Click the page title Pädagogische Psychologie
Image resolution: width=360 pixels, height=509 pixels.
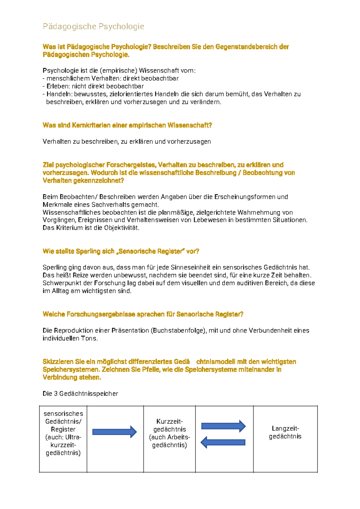(93, 27)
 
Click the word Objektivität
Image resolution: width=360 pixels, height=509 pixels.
(121, 228)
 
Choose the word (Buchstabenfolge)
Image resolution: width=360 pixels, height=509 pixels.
(178, 331)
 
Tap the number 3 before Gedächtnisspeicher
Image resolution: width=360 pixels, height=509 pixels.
(56, 394)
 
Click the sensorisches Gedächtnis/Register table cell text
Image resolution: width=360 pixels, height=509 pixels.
(63, 433)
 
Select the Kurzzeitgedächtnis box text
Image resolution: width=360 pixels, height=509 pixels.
(169, 433)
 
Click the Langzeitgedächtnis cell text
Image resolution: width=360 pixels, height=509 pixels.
(285, 432)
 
